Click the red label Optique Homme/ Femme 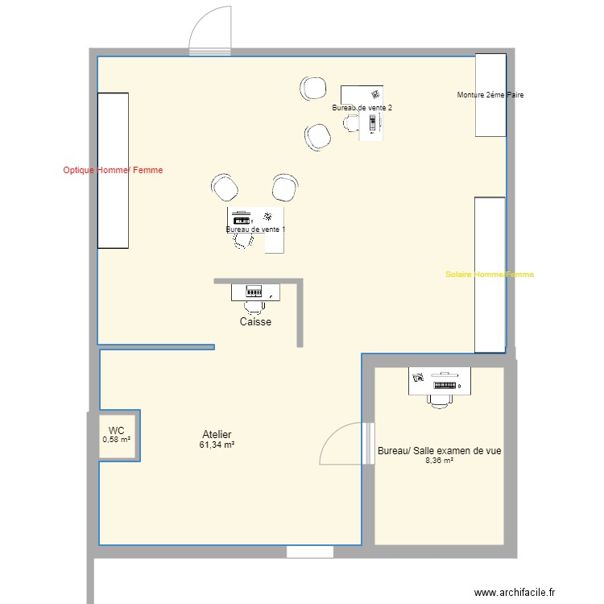113,170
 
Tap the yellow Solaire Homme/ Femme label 489,275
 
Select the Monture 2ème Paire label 490,95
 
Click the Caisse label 255,322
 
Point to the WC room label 117,431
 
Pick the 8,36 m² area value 439,461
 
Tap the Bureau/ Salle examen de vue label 439,452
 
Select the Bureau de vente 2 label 362,107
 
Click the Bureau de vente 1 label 255,230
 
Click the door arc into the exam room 341,445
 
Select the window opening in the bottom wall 310,552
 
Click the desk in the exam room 440,383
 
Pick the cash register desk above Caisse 255,292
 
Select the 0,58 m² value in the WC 117,440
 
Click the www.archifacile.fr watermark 515,592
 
